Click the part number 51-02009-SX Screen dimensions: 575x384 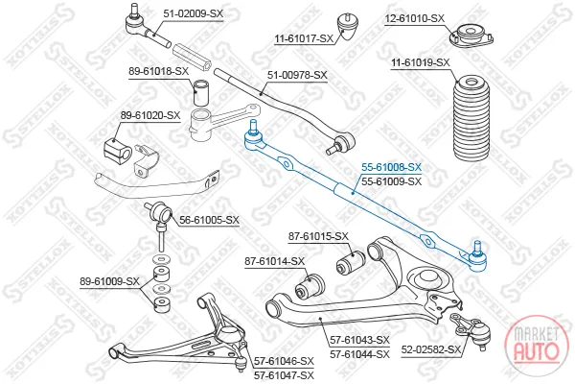193,14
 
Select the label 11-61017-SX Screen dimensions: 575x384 304,38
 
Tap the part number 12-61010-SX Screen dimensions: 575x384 414,18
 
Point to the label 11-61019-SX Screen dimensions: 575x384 421,62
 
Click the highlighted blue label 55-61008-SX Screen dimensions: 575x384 392,167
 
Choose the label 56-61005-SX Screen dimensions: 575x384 209,220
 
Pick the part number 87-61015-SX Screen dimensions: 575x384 318,236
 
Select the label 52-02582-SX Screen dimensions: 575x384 430,349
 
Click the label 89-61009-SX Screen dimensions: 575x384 109,281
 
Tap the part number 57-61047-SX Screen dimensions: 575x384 285,375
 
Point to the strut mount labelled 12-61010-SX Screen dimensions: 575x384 471,35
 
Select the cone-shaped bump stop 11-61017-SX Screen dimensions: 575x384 348,27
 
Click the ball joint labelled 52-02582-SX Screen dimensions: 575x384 474,330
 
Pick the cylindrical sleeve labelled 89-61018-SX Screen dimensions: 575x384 201,92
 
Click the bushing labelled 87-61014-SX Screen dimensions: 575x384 310,286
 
